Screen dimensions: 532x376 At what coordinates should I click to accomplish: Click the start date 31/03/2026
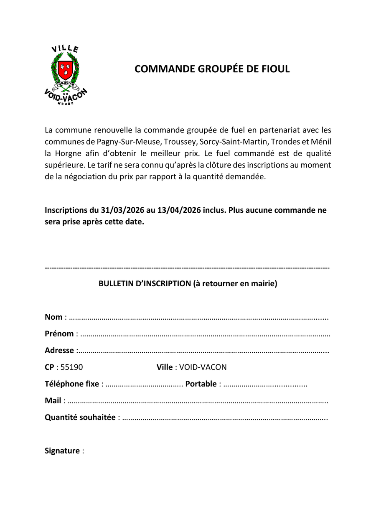[x=123, y=210]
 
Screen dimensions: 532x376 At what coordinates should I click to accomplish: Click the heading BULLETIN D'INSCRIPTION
[x=145, y=284]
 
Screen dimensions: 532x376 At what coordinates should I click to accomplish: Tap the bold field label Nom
[x=53, y=317]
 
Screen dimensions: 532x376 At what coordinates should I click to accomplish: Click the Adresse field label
[x=59, y=351]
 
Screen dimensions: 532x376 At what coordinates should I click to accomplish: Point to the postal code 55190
[x=72, y=367]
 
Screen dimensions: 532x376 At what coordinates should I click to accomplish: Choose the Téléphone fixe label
[x=72, y=384]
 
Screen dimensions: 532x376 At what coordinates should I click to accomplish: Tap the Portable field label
[x=201, y=384]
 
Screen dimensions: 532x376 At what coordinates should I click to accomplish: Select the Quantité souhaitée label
[x=80, y=417]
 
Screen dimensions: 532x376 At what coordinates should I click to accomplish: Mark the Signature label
[x=62, y=451]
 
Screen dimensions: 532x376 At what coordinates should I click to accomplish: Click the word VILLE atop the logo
[x=65, y=49]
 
